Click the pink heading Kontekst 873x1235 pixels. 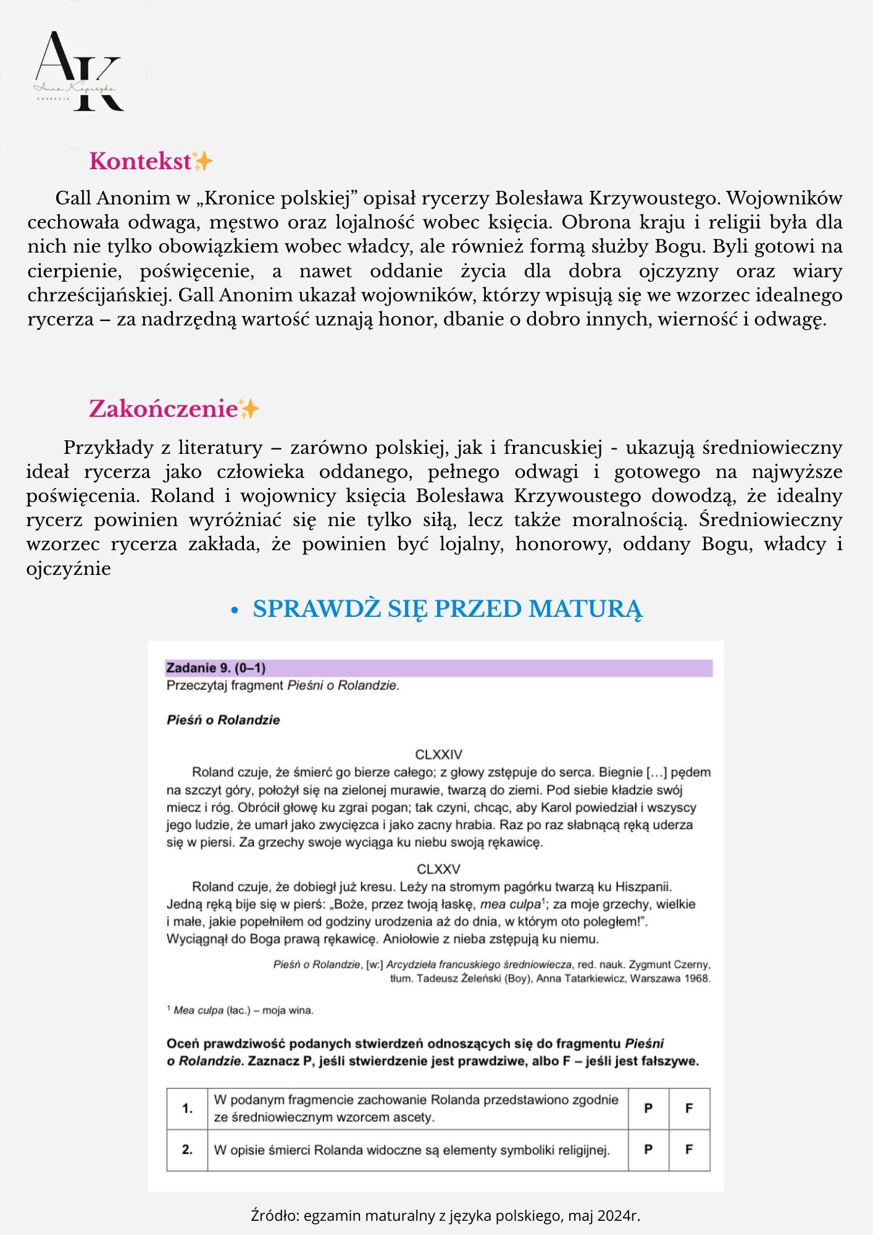(140, 161)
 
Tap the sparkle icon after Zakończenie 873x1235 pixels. (249, 409)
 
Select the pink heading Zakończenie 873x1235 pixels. (163, 409)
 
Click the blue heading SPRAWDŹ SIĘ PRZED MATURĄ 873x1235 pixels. (447, 609)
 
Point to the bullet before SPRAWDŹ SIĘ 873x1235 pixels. (234, 611)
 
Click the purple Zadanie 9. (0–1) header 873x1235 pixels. (216, 668)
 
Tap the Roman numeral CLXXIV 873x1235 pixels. (438, 755)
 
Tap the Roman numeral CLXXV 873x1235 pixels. (438, 869)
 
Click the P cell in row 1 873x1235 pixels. (648, 1108)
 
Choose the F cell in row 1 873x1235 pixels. (689, 1108)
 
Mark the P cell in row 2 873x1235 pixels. (648, 1149)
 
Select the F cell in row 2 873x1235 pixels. (689, 1149)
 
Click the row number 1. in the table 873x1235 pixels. (187, 1108)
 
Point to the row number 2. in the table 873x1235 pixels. (187, 1149)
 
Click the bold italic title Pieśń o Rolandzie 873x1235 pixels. (223, 720)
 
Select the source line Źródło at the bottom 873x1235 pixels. (445, 1215)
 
